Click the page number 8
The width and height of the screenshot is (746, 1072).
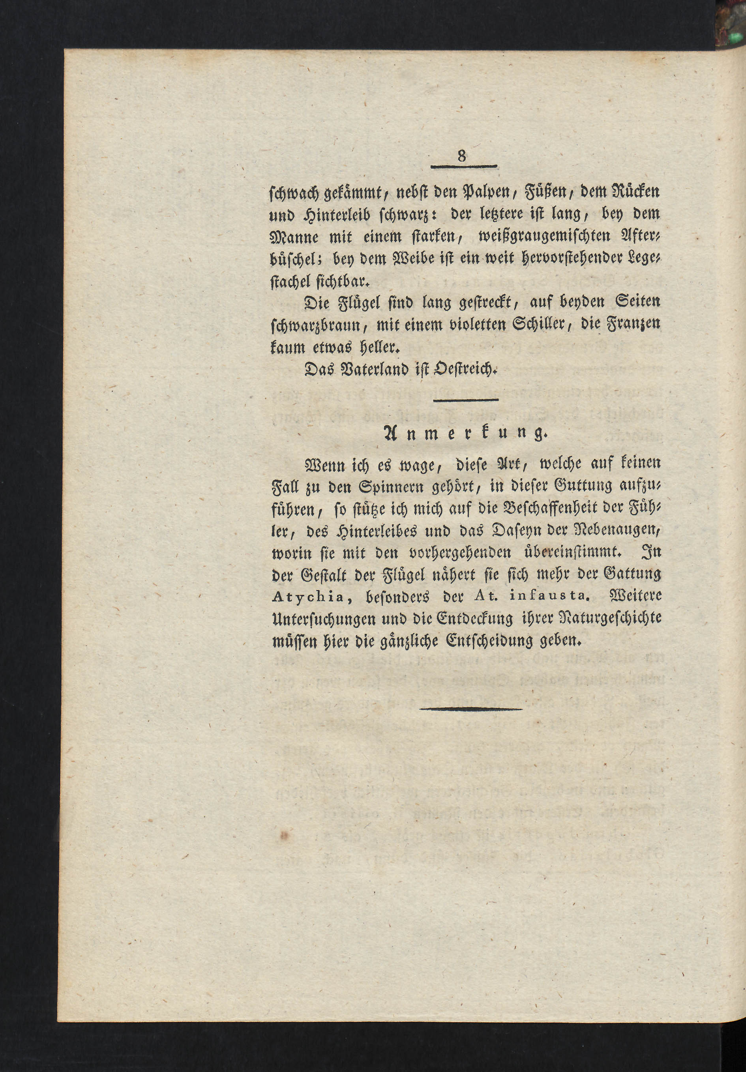click(x=462, y=156)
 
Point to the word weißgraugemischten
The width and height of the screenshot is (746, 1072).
click(x=545, y=237)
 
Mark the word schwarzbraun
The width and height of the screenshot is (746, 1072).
click(x=315, y=326)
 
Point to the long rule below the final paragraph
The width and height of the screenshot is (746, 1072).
click(x=471, y=709)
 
